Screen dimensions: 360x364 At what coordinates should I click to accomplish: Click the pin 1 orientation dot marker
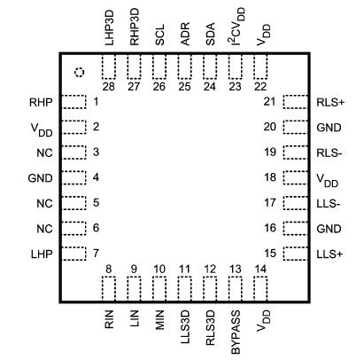click(78, 72)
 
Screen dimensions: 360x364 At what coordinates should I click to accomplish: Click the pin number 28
click(109, 87)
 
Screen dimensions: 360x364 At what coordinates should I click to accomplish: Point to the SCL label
click(160, 35)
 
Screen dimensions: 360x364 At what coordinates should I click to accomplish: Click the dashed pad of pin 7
click(73, 254)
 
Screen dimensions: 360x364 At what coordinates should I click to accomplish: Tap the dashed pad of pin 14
click(260, 288)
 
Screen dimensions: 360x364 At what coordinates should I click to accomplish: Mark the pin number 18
click(271, 177)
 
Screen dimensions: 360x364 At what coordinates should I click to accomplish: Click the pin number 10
click(159, 269)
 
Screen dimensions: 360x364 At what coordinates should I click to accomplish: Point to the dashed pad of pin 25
click(185, 67)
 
